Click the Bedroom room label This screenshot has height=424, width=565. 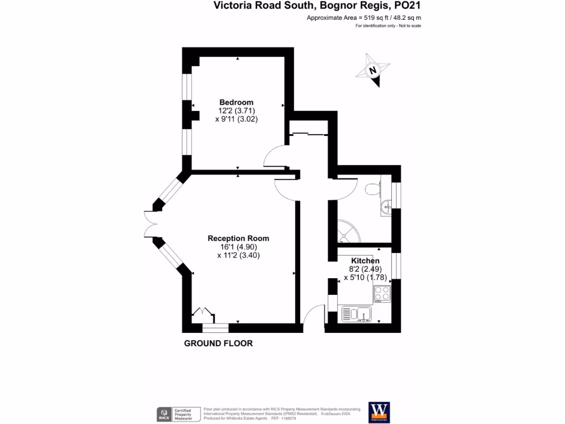pos(236,102)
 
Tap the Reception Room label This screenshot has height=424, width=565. pos(238,239)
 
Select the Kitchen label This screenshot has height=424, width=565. pos(365,261)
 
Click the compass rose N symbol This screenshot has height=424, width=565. pos(373,70)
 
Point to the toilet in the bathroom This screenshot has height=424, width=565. pos(374,188)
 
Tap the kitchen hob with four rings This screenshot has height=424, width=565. pos(381,293)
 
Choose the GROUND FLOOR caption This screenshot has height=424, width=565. pos(218,343)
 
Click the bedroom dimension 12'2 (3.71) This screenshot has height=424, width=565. pos(236,110)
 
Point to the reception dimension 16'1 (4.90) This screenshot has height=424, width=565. pos(238,247)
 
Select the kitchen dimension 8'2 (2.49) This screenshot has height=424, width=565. pos(365,269)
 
